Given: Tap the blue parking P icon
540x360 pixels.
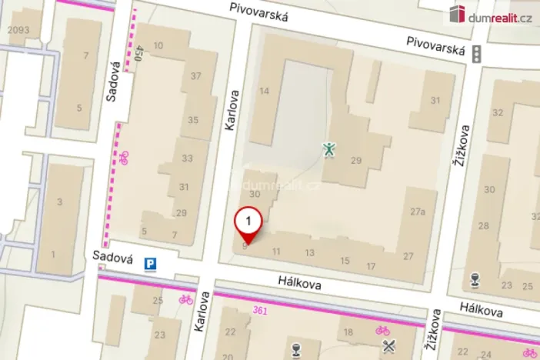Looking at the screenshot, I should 152,265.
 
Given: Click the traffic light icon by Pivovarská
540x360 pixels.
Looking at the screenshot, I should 476,54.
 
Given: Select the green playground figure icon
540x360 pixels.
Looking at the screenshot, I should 329,148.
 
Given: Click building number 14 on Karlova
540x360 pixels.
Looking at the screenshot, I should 265,92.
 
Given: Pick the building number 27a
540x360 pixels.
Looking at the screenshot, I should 418,212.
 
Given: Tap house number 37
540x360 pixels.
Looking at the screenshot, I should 195,75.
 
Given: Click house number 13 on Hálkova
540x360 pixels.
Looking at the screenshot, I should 310,252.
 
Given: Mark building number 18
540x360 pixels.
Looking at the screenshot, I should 348,332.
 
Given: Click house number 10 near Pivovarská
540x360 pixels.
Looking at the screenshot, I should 158,46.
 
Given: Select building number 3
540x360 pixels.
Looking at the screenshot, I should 59,202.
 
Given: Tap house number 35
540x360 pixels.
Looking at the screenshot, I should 193,120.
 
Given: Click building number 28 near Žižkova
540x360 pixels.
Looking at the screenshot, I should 483,226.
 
